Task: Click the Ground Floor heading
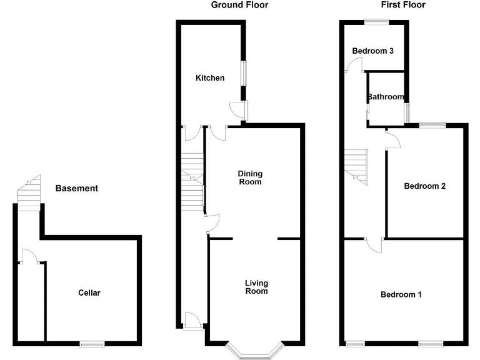pyautogui.click(x=239, y=5)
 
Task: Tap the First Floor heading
pyautogui.click(x=403, y=5)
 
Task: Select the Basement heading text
pyautogui.click(x=77, y=188)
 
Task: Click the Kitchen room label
pyautogui.click(x=210, y=78)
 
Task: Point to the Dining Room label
pyautogui.click(x=249, y=178)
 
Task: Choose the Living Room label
pyautogui.click(x=256, y=287)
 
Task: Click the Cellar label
pyautogui.click(x=89, y=292)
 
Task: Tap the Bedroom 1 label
pyautogui.click(x=401, y=294)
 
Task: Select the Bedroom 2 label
pyautogui.click(x=424, y=186)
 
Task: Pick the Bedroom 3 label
pyautogui.click(x=372, y=51)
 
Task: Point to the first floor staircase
pyautogui.click(x=356, y=166)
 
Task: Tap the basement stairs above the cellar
pyautogui.click(x=28, y=194)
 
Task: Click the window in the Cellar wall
pyautogui.click(x=92, y=342)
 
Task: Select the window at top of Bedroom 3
pyautogui.click(x=376, y=22)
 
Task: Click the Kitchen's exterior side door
pyautogui.click(x=238, y=110)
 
